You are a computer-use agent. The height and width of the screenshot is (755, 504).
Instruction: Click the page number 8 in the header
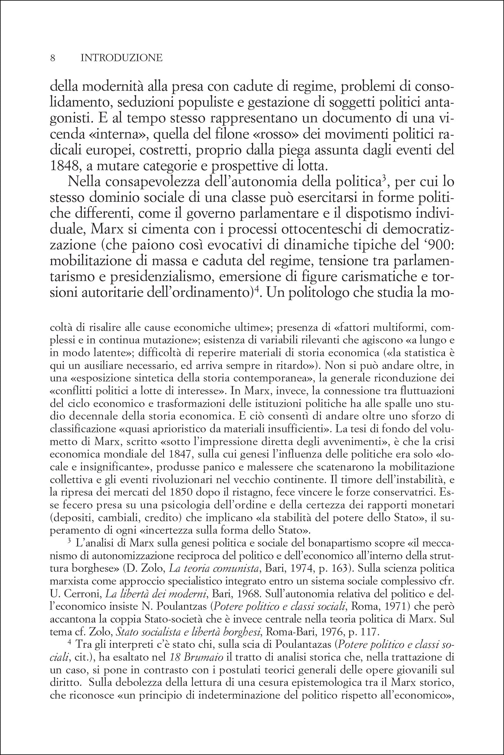click(53, 58)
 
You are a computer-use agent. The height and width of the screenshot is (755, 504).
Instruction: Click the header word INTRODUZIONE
click(122, 58)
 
